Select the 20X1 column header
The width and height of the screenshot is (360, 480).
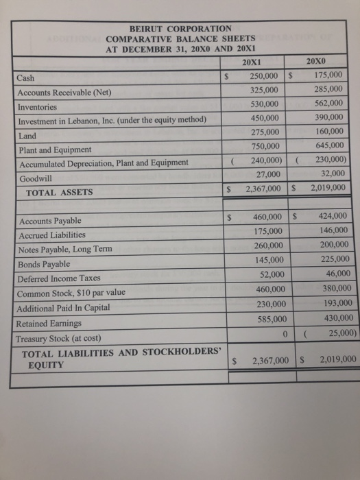(x=254, y=62)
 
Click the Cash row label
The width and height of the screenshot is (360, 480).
(x=25, y=79)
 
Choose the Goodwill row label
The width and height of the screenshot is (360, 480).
(x=32, y=178)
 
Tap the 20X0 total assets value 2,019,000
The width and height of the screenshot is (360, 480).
(x=326, y=187)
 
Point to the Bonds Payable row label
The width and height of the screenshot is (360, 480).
(x=45, y=264)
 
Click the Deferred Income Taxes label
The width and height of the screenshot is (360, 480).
(x=59, y=278)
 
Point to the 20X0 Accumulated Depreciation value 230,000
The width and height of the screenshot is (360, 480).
(x=327, y=159)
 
